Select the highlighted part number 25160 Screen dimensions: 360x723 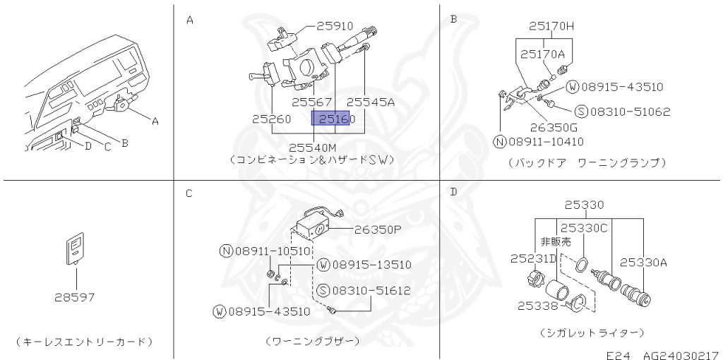point(335,119)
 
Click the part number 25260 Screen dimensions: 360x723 point(272,119)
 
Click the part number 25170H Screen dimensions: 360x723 point(551,27)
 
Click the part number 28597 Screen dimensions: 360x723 point(75,297)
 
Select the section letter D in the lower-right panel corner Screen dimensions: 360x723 point(453,192)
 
